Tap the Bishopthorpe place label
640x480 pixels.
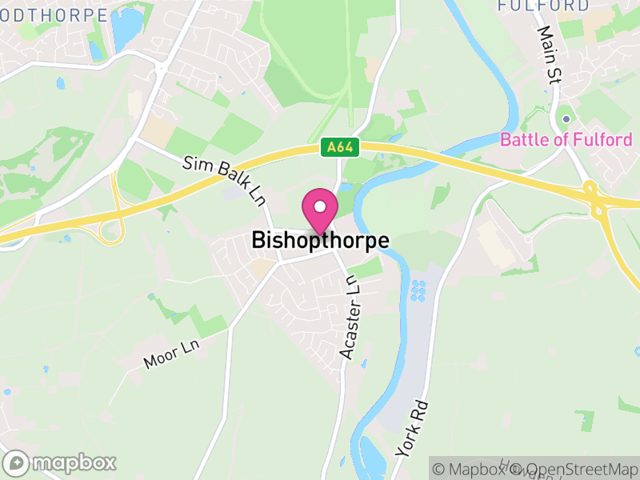pyautogui.click(x=320, y=240)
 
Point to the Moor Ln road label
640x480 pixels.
pyautogui.click(x=170, y=354)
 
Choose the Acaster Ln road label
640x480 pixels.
pyautogui.click(x=350, y=317)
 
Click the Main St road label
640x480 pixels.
pyautogui.click(x=550, y=55)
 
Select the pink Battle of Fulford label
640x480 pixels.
pyautogui.click(x=566, y=140)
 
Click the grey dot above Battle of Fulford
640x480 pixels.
pyautogui.click(x=566, y=119)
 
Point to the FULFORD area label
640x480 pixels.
pyautogui.click(x=543, y=6)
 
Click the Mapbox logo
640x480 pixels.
pyautogui.click(x=60, y=462)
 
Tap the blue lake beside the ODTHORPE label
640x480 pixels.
pyautogui.click(x=126, y=26)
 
